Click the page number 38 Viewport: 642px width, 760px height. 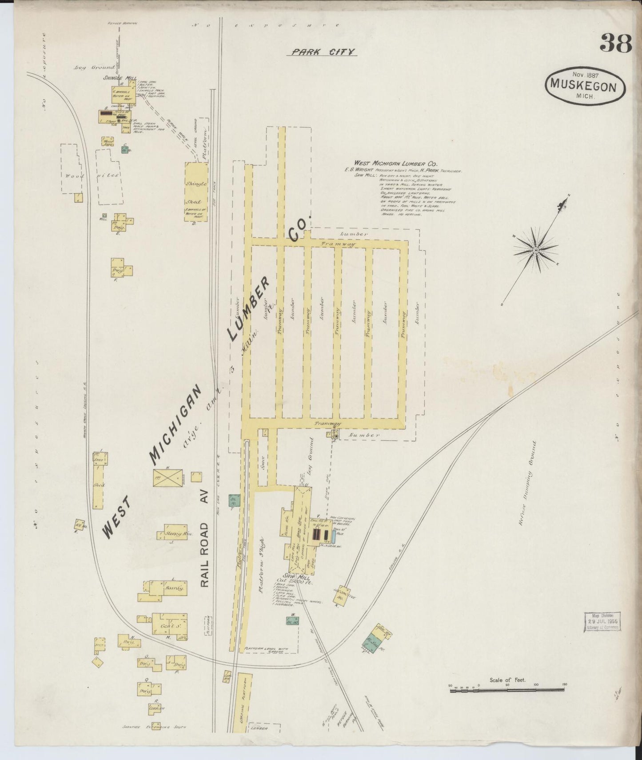tap(616, 43)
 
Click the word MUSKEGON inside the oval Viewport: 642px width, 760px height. tap(583, 85)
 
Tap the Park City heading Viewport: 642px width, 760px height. tap(324, 52)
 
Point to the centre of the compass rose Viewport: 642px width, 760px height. tap(536, 250)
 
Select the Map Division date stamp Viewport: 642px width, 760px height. tap(602, 621)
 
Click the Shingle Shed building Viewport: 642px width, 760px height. tap(196, 192)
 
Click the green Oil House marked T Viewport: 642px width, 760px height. tap(234, 500)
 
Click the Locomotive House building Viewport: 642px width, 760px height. tap(342, 594)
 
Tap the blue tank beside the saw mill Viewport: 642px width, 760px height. tap(334, 536)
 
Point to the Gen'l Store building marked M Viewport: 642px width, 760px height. tap(169, 626)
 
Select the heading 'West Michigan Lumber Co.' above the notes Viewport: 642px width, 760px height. tap(395, 164)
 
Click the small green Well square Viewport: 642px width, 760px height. tap(104, 216)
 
